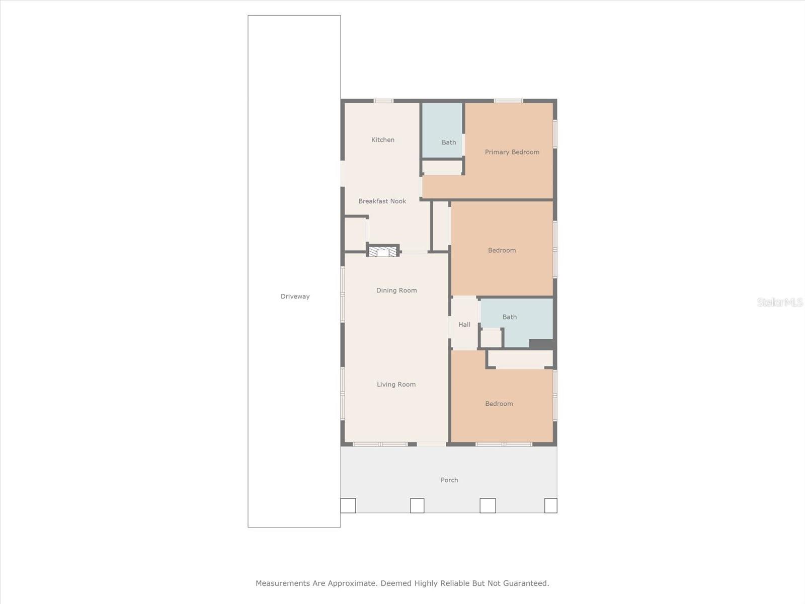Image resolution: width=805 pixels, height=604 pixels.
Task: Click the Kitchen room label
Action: click(x=382, y=140)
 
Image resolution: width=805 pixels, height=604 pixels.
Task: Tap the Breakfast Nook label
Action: click(x=382, y=201)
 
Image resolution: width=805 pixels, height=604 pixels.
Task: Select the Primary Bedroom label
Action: click(x=512, y=152)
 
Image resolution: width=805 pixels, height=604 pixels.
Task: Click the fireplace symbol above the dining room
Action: click(x=383, y=251)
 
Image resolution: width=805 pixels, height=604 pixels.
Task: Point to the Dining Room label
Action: click(x=396, y=290)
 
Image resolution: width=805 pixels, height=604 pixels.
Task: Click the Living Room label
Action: click(x=396, y=385)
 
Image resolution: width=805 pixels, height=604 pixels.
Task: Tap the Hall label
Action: click(x=464, y=325)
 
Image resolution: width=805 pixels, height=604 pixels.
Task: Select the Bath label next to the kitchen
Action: click(x=448, y=142)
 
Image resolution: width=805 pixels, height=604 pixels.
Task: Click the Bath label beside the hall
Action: click(x=509, y=317)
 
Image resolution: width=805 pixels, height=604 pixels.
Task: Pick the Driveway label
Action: click(x=295, y=296)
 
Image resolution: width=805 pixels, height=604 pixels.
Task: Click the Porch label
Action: click(x=449, y=480)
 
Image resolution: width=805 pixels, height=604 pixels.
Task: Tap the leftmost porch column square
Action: click(x=348, y=505)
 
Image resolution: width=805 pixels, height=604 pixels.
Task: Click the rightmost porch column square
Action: click(x=550, y=505)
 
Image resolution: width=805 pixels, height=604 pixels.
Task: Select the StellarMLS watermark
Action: click(x=779, y=302)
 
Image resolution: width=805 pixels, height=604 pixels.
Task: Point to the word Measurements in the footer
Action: click(x=283, y=583)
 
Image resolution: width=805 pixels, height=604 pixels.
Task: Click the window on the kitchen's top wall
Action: click(x=383, y=101)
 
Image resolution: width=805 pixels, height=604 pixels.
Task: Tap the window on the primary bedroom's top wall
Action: click(x=508, y=101)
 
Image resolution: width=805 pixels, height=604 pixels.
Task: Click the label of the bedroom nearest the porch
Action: click(x=499, y=404)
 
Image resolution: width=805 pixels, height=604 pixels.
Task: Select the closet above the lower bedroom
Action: click(x=520, y=359)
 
